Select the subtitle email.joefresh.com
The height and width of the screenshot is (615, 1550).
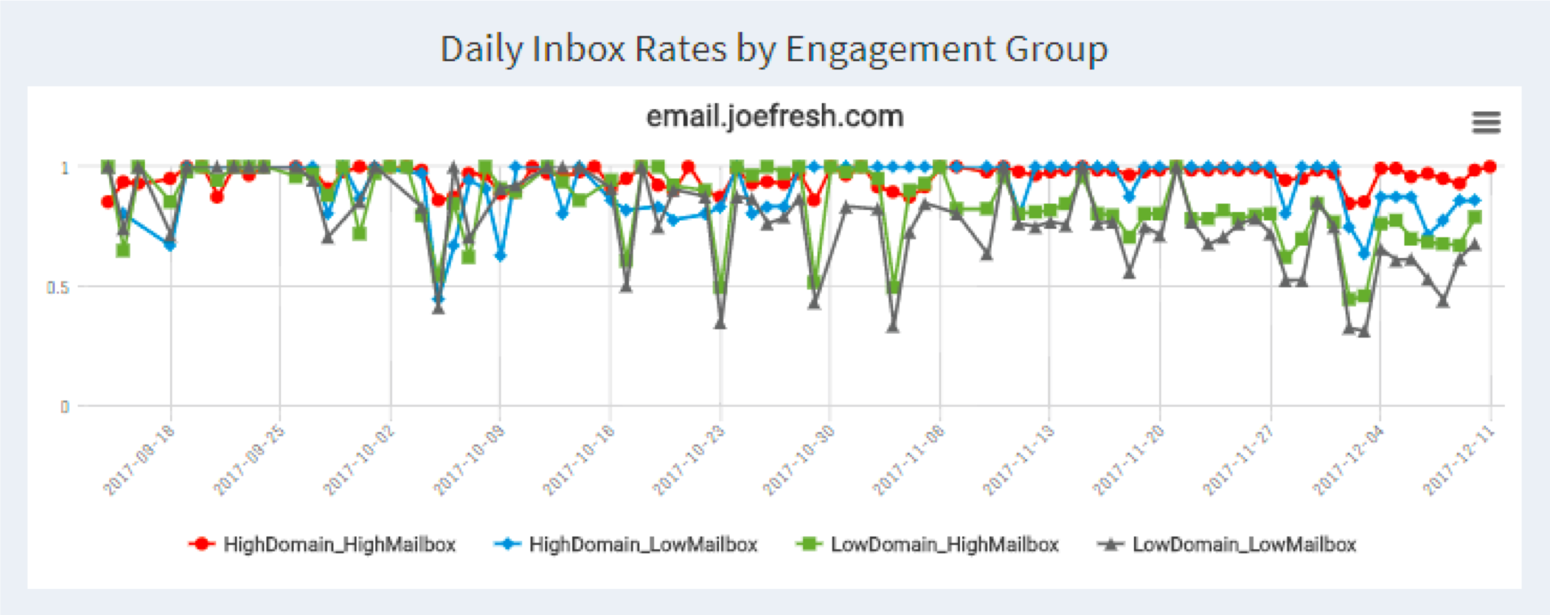click(775, 117)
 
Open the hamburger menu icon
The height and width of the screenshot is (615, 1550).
click(1486, 122)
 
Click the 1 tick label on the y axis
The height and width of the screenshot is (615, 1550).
click(65, 167)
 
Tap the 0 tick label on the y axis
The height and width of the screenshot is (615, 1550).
click(65, 407)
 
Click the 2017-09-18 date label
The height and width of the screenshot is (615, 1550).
click(139, 460)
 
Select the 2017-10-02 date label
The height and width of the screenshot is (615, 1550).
click(359, 460)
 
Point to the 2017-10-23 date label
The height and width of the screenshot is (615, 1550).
click(688, 460)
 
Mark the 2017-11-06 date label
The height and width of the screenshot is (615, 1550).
click(908, 460)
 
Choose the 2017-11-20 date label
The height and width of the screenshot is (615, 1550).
click(1128, 460)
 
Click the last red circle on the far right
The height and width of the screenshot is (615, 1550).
click(1490, 167)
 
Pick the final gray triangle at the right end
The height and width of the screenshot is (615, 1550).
click(1475, 245)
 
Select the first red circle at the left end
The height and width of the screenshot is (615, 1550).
click(108, 201)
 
